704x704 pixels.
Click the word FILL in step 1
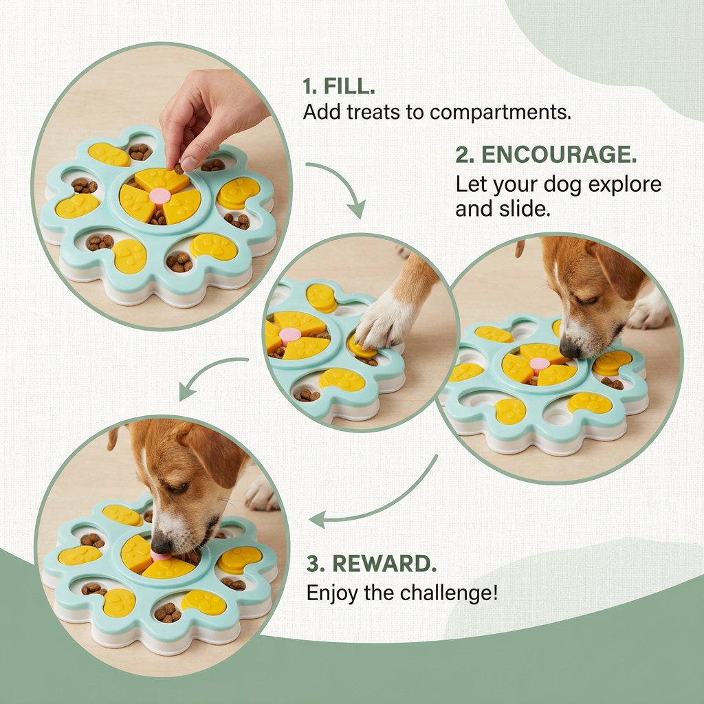342,87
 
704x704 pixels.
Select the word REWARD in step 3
384,563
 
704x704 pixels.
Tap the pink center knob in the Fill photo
160,196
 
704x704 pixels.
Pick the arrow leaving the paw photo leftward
206,375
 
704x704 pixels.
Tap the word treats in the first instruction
369,112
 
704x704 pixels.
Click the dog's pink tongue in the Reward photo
161,555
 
